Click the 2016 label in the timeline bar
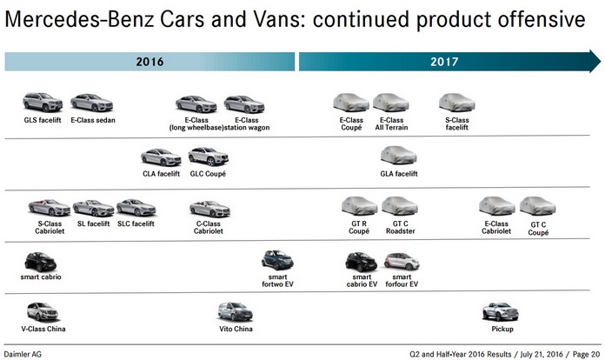150,62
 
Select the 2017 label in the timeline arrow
444,62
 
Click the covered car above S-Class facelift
456,103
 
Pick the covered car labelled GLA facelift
399,157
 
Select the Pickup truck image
502,310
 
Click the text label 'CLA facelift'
161,174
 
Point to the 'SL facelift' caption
93,223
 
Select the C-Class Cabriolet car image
209,208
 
